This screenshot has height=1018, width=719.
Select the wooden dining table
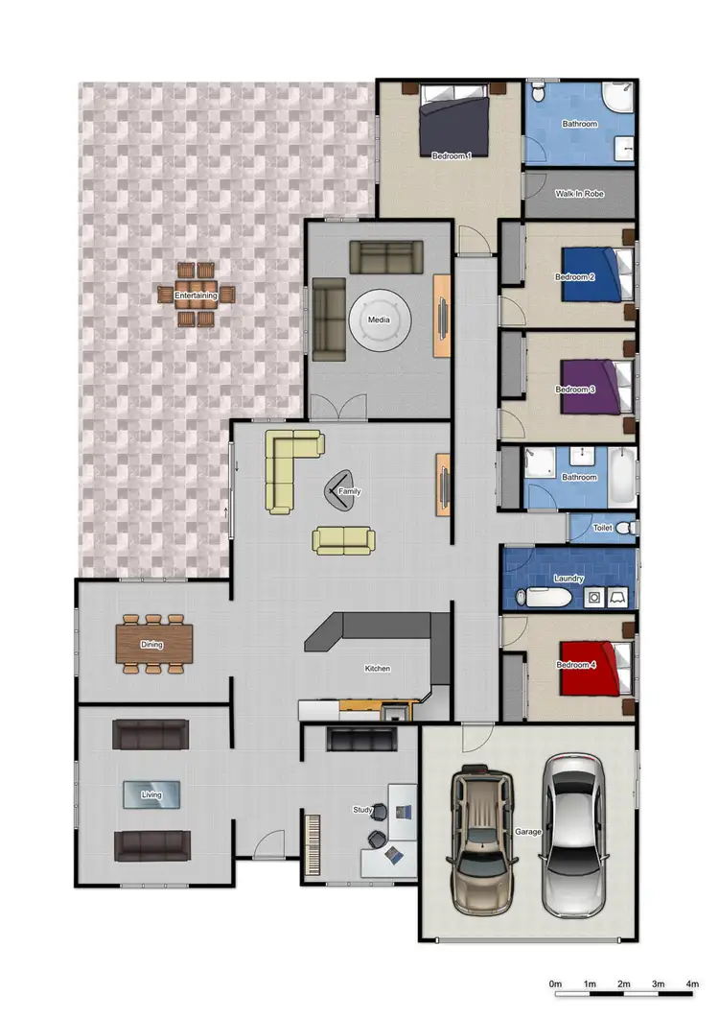pyautogui.click(x=154, y=645)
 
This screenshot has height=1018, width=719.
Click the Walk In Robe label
pyautogui.click(x=578, y=194)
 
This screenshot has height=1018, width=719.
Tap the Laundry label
pyautogui.click(x=568, y=579)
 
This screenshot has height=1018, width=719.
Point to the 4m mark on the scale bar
pyautogui.click(x=692, y=984)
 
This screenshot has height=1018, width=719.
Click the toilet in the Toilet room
pyautogui.click(x=625, y=528)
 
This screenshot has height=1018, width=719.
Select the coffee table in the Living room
pyautogui.click(x=151, y=794)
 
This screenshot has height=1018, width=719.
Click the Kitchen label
pyautogui.click(x=377, y=669)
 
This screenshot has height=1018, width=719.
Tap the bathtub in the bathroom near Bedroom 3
pyautogui.click(x=623, y=477)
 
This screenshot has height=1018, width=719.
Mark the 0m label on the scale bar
pyautogui.click(x=554, y=984)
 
